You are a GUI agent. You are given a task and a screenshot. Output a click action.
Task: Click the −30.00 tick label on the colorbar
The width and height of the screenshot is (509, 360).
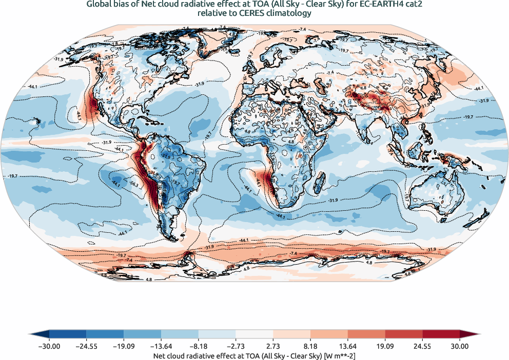(x=49, y=346)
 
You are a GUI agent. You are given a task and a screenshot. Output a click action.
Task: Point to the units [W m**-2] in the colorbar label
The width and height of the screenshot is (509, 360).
(x=338, y=354)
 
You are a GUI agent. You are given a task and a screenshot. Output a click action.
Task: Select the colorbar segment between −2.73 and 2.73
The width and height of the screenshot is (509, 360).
(x=254, y=335)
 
